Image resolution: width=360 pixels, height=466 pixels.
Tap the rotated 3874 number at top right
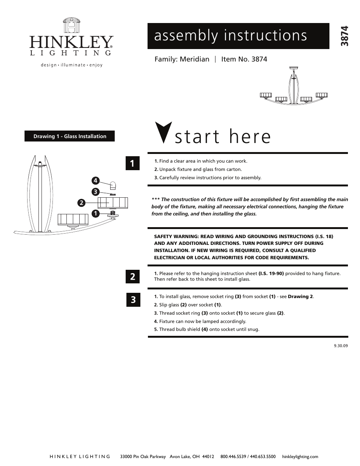(x=344, y=36)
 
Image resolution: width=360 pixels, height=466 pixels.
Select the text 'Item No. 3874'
(x=244, y=59)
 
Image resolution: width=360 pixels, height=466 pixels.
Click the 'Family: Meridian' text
(x=182, y=59)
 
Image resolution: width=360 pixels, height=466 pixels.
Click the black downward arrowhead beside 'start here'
(x=163, y=132)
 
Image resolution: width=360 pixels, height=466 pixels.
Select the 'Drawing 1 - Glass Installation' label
(x=69, y=136)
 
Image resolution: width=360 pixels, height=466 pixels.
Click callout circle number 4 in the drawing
(x=96, y=181)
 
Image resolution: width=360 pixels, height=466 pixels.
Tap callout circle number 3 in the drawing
(x=96, y=192)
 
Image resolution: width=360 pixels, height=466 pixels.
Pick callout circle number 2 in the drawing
(x=81, y=203)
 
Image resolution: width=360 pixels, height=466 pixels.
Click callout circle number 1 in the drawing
(x=96, y=214)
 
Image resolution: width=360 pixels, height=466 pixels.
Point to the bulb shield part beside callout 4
(x=112, y=185)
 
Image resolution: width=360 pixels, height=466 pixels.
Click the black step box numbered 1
(x=132, y=163)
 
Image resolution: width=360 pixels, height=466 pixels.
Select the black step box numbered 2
(x=132, y=277)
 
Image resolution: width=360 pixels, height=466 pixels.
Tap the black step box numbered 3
(x=132, y=300)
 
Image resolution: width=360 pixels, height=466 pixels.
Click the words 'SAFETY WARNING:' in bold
(x=176, y=236)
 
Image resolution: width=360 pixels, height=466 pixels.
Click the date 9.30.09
(x=340, y=345)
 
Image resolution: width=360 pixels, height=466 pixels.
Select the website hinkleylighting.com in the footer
(x=300, y=457)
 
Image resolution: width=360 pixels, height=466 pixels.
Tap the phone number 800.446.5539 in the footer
(x=233, y=457)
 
